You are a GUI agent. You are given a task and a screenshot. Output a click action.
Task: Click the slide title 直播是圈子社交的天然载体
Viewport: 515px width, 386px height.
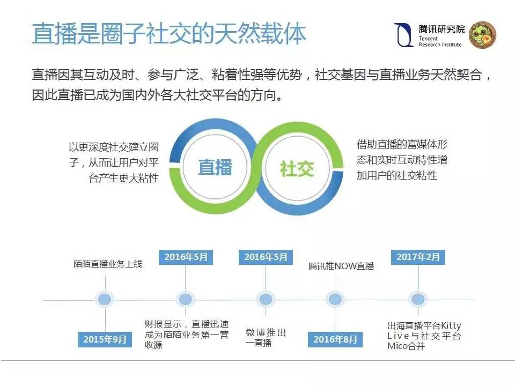pos(169,34)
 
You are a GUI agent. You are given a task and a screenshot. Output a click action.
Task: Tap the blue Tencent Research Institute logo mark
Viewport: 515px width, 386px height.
pos(403,35)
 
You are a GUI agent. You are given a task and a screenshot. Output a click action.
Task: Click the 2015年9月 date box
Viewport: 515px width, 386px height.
pos(105,339)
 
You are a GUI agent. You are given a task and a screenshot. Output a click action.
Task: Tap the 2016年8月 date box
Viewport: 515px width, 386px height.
pos(335,339)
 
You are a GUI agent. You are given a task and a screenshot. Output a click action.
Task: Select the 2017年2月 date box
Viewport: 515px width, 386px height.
pos(418,257)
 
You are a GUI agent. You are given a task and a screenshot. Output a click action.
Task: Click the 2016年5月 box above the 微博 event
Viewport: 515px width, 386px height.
pos(266,257)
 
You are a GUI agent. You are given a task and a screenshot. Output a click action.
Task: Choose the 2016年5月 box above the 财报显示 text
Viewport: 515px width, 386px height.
pos(186,257)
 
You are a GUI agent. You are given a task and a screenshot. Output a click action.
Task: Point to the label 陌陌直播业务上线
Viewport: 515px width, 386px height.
pos(108,264)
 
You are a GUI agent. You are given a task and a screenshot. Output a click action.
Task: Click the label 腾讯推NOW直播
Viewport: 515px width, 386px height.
pos(341,266)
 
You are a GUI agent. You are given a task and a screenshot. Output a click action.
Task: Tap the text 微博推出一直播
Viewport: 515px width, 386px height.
pos(266,338)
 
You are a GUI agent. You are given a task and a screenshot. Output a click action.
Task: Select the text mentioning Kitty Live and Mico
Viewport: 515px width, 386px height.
pos(424,336)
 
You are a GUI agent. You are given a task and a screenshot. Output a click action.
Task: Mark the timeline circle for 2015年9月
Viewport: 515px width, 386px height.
pos(105,299)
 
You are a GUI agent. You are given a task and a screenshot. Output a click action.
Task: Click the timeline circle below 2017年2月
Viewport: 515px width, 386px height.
pos(417,299)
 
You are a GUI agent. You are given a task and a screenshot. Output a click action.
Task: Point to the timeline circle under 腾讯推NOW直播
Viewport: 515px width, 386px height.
pos(335,299)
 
